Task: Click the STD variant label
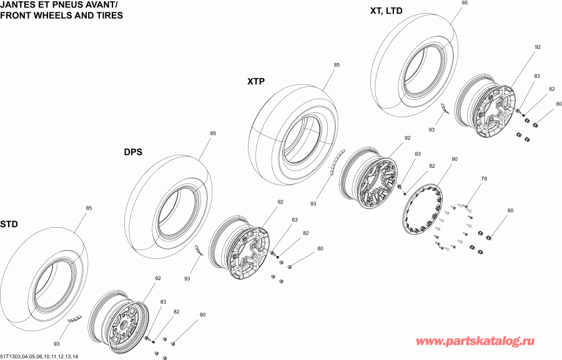(9, 224)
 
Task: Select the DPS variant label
(134, 152)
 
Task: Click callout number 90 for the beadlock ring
(454, 160)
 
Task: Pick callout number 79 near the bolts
(483, 179)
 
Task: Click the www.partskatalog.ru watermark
(475, 342)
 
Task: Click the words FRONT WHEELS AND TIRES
(61, 15)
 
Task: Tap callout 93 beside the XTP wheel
(313, 203)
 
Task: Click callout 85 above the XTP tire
(337, 65)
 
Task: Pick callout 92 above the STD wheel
(157, 278)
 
